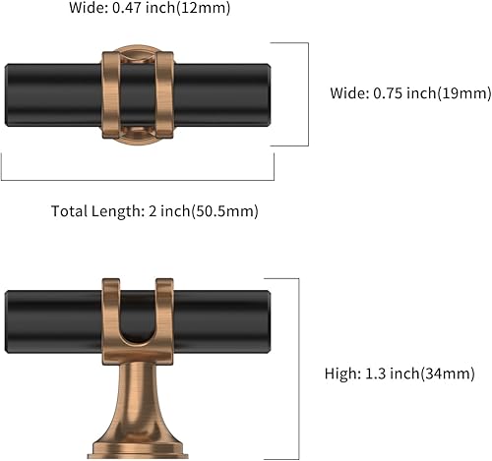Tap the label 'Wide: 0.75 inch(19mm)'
[x=408, y=93]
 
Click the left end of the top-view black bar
[x=12, y=95]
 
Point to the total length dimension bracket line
[x=138, y=180]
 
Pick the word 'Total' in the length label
[x=68, y=211]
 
